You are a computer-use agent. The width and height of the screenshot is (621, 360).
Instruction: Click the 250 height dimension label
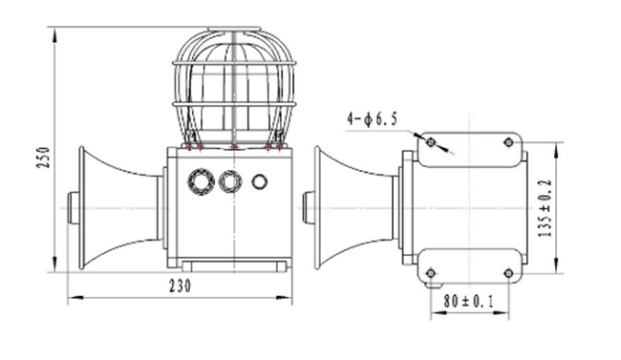[44, 158]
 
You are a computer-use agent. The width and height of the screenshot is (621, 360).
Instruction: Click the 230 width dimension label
[181, 286]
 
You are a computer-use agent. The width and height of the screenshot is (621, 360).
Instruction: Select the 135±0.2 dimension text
[545, 208]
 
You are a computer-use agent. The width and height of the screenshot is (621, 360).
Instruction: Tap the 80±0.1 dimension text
[469, 302]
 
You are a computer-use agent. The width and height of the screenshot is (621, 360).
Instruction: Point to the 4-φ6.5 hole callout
[372, 118]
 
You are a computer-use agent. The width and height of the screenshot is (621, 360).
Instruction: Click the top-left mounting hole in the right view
[431, 141]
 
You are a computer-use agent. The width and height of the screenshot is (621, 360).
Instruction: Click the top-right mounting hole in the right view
[509, 142]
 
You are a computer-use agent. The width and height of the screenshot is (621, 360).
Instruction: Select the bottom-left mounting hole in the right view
[431, 273]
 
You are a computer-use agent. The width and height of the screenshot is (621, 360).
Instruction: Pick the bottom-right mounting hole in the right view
[509, 273]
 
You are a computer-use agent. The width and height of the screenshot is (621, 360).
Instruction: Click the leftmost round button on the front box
[202, 181]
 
